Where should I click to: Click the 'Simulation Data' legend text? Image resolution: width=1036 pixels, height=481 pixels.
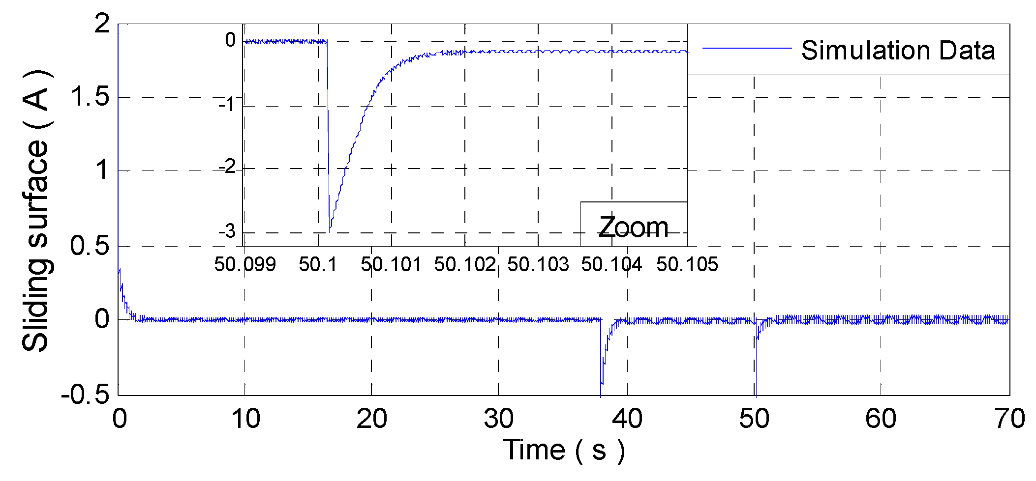click(898, 51)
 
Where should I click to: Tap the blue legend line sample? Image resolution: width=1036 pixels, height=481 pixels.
click(746, 48)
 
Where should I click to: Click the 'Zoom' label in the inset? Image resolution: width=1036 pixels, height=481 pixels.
click(633, 227)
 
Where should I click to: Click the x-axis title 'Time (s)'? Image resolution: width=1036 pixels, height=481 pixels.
click(564, 450)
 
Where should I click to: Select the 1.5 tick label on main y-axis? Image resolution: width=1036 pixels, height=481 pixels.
click(90, 97)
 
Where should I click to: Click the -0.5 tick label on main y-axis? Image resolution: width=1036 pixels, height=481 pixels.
click(85, 395)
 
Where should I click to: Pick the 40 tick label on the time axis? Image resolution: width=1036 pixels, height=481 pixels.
click(627, 419)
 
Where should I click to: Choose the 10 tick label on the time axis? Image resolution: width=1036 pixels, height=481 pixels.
click(245, 419)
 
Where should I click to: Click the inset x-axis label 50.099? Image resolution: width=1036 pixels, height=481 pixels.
click(245, 265)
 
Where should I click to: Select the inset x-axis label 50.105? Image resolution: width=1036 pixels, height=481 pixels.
click(687, 265)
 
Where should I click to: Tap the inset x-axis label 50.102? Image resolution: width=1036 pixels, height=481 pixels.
click(465, 265)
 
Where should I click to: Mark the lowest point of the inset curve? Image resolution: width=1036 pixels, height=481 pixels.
click(330, 230)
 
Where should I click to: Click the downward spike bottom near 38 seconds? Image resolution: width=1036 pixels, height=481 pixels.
click(601, 395)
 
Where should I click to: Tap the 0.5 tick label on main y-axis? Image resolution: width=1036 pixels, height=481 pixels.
click(90, 246)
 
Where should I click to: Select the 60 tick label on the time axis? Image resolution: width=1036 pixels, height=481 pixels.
click(881, 419)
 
